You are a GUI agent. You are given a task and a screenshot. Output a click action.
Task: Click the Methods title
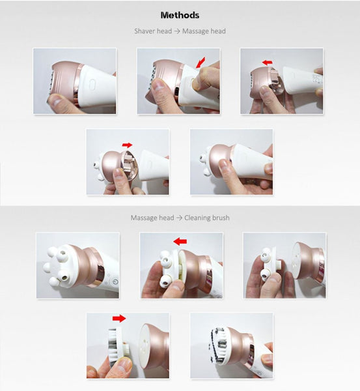click(x=180, y=15)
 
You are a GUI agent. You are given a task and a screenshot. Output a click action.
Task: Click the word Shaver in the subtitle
click(x=144, y=31)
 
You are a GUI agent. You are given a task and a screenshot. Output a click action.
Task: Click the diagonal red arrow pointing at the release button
click(x=201, y=63)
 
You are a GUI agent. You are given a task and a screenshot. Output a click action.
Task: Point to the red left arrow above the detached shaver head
click(x=268, y=63)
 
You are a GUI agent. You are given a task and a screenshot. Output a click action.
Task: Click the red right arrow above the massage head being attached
click(x=128, y=145)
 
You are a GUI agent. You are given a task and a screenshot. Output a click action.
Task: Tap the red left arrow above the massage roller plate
click(x=180, y=241)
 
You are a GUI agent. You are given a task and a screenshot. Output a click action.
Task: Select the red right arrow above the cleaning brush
click(x=119, y=318)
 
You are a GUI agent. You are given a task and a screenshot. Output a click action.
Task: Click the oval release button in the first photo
click(x=92, y=83)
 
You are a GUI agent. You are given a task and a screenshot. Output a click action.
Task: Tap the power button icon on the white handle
click(x=115, y=282)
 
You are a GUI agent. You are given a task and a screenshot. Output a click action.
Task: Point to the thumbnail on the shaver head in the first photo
click(x=55, y=100)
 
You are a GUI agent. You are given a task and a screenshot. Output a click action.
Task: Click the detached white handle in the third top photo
click(x=303, y=79)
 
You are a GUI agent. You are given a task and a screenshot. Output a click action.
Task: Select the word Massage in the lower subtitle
click(x=152, y=218)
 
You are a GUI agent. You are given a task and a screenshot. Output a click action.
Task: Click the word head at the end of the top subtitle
click(x=218, y=31)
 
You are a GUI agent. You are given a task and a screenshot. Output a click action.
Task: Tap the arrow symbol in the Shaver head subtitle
click(x=177, y=31)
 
